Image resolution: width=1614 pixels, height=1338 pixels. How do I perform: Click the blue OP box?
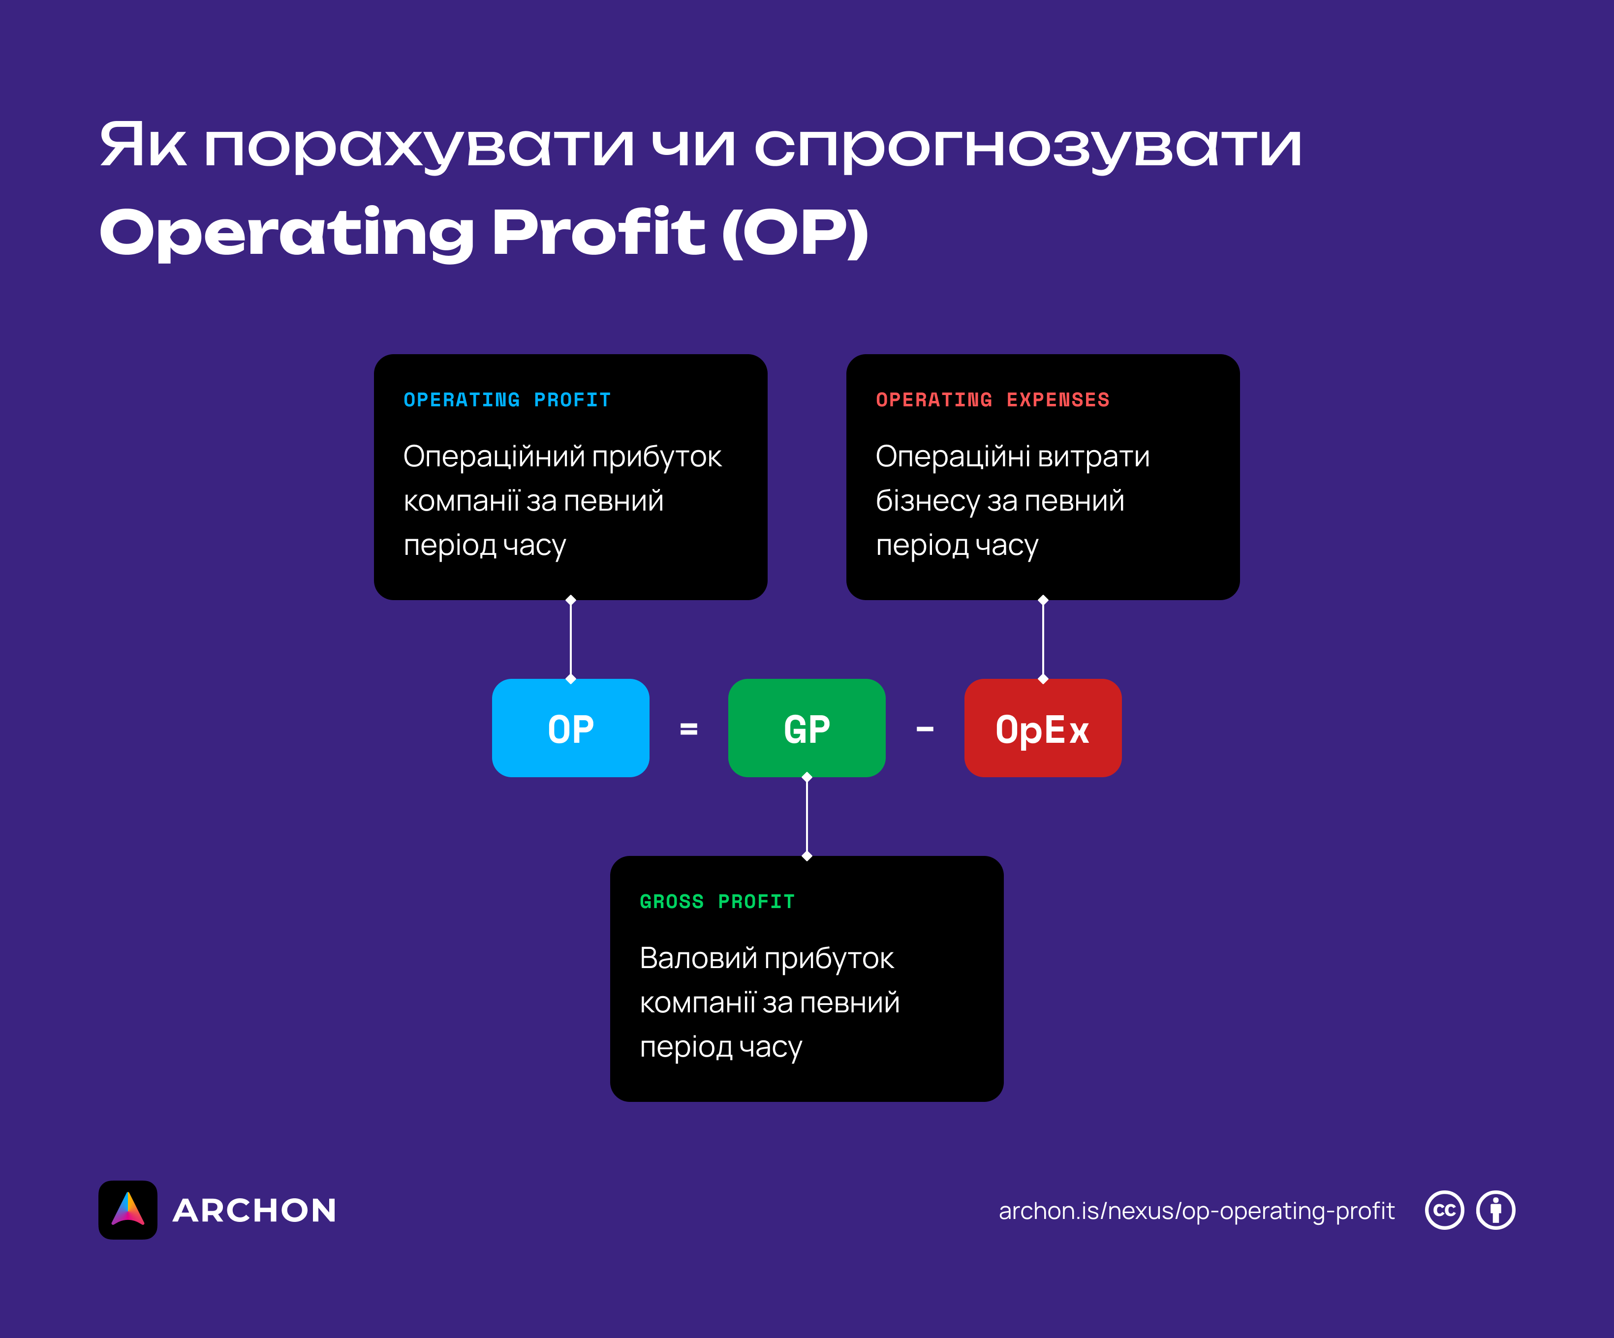570,728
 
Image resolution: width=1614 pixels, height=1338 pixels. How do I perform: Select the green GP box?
806,728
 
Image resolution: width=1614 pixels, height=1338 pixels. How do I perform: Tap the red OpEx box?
1042,728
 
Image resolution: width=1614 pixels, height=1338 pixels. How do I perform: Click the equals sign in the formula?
688,729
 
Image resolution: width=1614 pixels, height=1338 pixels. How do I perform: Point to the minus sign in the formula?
925,729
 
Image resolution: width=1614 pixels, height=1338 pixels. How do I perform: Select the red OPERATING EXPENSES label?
992,399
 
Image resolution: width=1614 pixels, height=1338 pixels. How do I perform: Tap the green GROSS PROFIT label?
717,902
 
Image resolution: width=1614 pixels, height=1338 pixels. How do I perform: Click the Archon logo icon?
127,1210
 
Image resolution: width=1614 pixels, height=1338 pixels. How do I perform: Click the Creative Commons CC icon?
1444,1211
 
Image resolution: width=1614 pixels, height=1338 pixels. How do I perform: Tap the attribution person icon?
1495,1211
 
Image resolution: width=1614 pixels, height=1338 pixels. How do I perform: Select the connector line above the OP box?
570,639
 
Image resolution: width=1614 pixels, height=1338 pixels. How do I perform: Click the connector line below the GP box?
806,816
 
